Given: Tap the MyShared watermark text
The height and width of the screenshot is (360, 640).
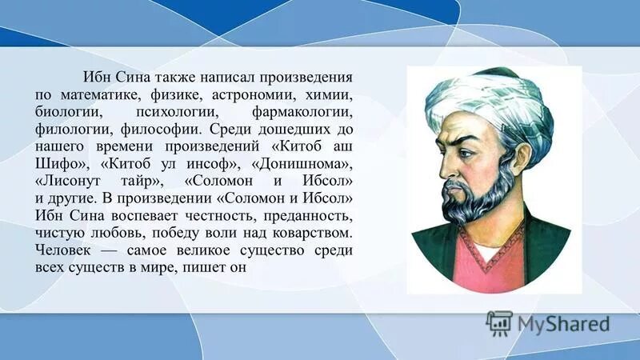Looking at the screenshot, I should (x=563, y=324).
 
